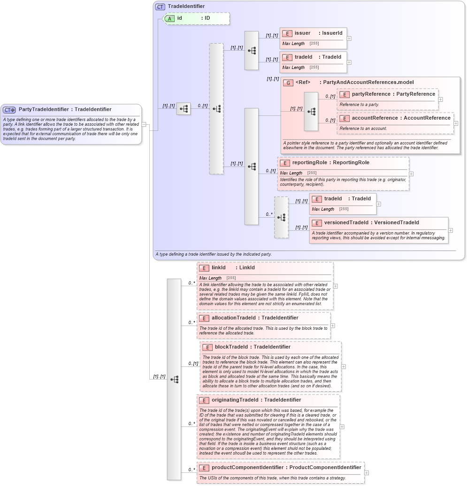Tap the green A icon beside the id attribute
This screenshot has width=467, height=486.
pyautogui.click(x=169, y=18)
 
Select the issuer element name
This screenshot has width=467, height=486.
pyautogui.click(x=302, y=33)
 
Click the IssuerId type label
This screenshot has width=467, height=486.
pyautogui.click(x=332, y=33)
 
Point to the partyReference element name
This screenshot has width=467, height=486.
pyautogui.click(x=371, y=94)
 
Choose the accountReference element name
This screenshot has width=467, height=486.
pyautogui.click(x=374, y=118)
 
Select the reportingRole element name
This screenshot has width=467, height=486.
pyautogui.click(x=310, y=162)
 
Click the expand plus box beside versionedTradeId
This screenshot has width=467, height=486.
pyautogui.click(x=451, y=230)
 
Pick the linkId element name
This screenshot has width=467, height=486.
pyautogui.click(x=219, y=267)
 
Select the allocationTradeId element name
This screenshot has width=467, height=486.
pyautogui.click(x=235, y=318)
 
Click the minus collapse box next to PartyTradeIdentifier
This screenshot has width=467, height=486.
pyautogui.click(x=144, y=124)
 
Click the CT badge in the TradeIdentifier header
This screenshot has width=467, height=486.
pyautogui.click(x=160, y=7)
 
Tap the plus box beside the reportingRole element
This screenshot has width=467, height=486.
pyautogui.click(x=412, y=174)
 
